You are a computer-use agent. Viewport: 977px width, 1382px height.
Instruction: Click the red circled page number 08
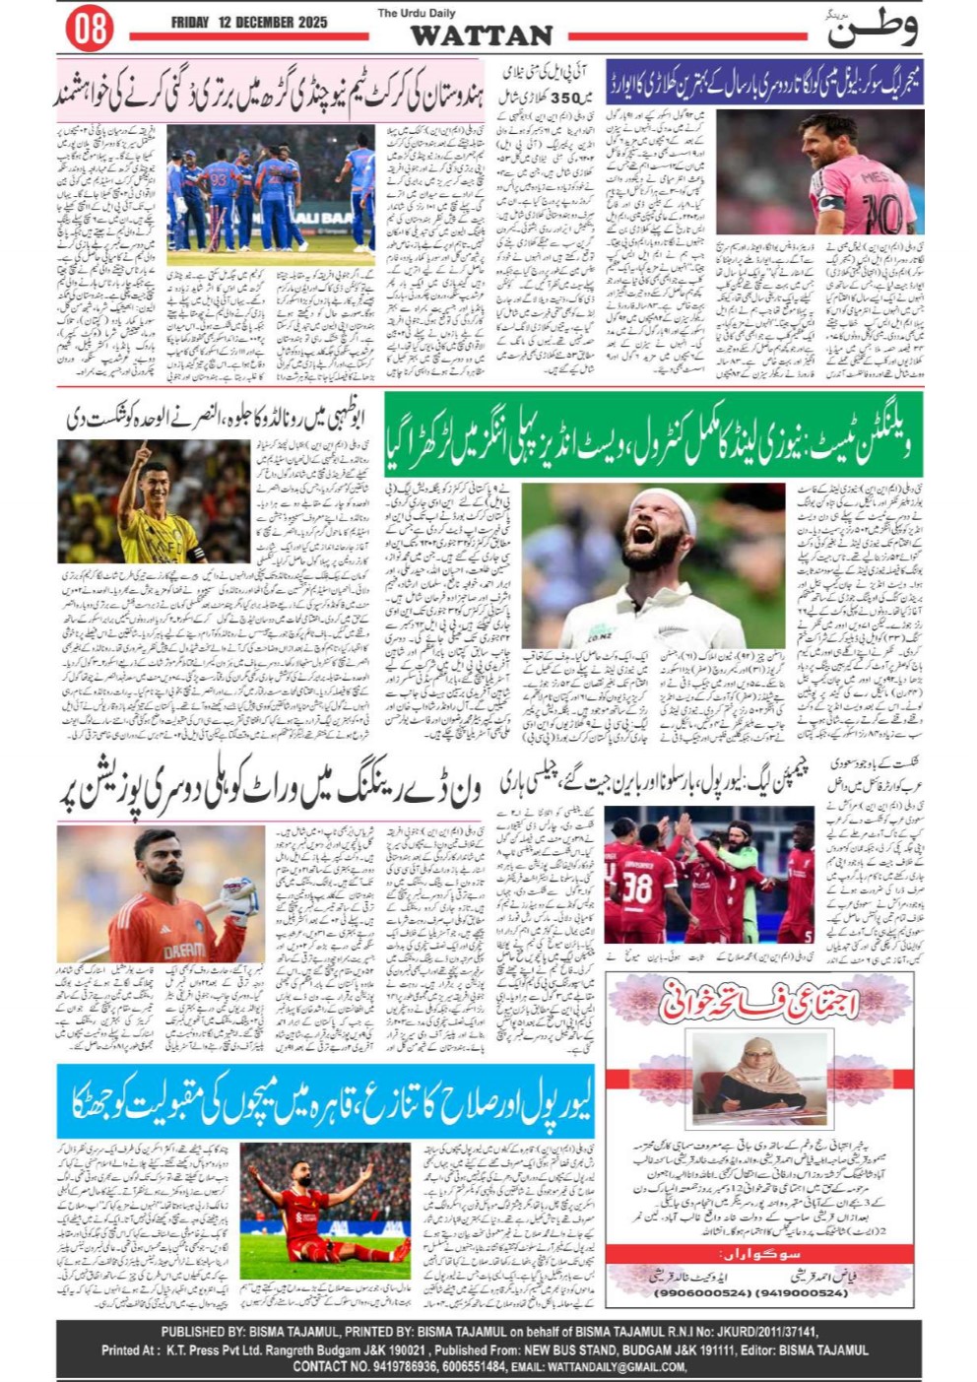click(x=90, y=29)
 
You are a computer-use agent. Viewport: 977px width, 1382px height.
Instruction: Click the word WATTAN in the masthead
click(x=482, y=35)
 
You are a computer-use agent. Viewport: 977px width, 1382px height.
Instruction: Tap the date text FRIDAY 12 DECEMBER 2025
click(x=249, y=22)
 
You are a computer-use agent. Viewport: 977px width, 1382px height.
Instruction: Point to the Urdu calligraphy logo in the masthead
click(x=872, y=28)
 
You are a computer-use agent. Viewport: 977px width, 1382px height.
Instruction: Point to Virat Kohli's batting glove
click(x=239, y=895)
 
